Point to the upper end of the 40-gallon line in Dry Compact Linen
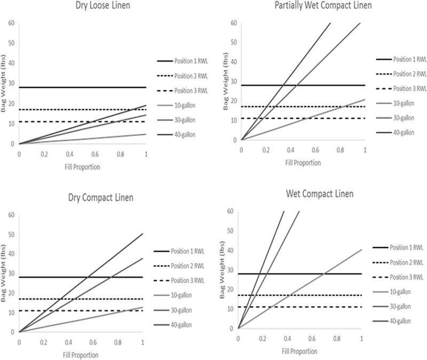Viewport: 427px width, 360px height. tap(143, 234)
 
